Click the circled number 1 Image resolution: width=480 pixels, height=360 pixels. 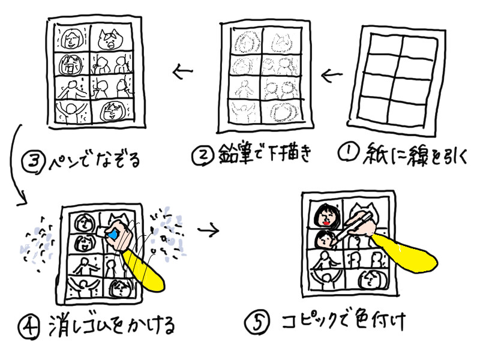point(349,151)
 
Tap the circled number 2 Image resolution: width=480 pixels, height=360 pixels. point(202,155)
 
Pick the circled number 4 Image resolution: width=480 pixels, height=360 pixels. point(29,327)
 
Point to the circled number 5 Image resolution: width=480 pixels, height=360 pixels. point(257,323)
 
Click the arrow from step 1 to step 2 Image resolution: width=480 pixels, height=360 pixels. point(332,75)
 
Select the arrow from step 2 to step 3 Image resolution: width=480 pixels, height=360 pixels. point(183,71)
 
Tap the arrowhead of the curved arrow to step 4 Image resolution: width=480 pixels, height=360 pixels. point(23,200)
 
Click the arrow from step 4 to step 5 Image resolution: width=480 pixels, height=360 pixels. point(208,230)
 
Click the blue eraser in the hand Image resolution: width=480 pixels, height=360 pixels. point(112,235)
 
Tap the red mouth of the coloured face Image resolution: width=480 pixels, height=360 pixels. point(326,223)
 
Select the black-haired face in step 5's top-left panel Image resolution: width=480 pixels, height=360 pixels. point(327,216)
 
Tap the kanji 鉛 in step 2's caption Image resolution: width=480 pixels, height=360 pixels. point(229,153)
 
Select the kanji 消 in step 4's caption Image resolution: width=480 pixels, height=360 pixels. point(58,325)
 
